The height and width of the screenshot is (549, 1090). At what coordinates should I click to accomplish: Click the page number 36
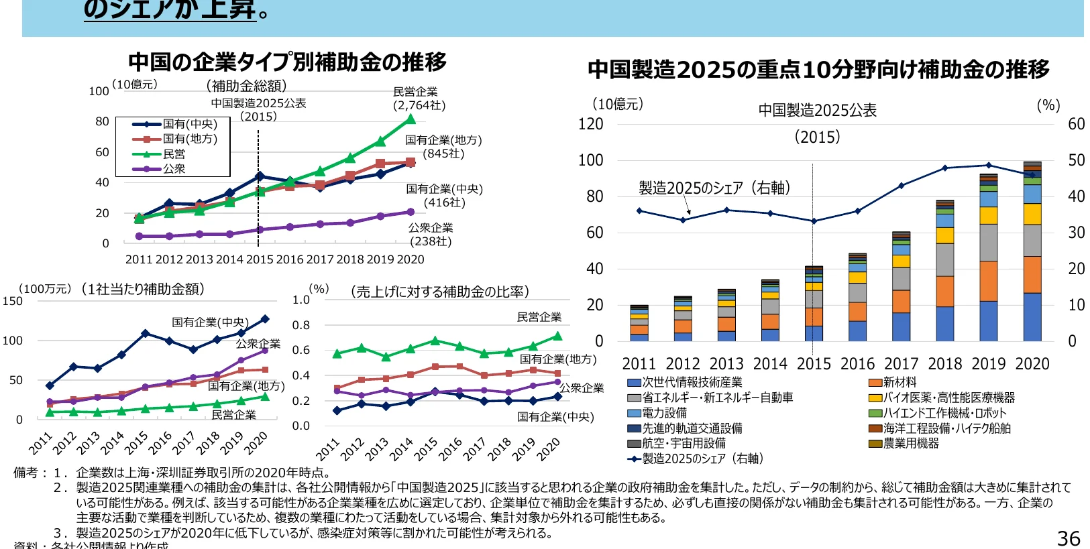pyautogui.click(x=1069, y=538)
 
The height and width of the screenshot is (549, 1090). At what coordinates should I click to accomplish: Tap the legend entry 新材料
pyautogui.click(x=893, y=382)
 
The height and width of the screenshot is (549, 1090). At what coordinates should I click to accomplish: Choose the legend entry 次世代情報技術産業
pyautogui.click(x=685, y=382)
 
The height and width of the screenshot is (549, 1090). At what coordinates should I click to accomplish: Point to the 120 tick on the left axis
pyautogui.click(x=590, y=124)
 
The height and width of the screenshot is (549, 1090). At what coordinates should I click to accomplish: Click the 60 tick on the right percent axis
pyautogui.click(x=1076, y=124)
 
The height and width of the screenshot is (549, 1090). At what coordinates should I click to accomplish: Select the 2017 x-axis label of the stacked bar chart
pyautogui.click(x=901, y=364)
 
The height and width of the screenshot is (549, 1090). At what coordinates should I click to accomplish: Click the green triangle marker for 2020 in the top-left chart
pyautogui.click(x=411, y=119)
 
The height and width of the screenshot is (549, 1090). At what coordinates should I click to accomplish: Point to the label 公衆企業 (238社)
pyautogui.click(x=431, y=235)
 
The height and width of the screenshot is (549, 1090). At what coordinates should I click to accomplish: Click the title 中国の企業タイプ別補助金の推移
pyautogui.click(x=287, y=62)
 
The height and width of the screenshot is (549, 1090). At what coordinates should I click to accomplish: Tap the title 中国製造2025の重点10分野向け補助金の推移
pyautogui.click(x=818, y=69)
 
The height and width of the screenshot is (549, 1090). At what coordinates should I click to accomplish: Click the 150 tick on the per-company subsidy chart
pyautogui.click(x=12, y=301)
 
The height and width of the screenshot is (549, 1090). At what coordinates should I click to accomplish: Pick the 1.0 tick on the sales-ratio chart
pyautogui.click(x=301, y=300)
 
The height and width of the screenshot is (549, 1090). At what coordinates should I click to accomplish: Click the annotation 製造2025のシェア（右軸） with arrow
pyautogui.click(x=714, y=188)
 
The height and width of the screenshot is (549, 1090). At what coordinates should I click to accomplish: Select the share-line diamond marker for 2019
pyautogui.click(x=988, y=165)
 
